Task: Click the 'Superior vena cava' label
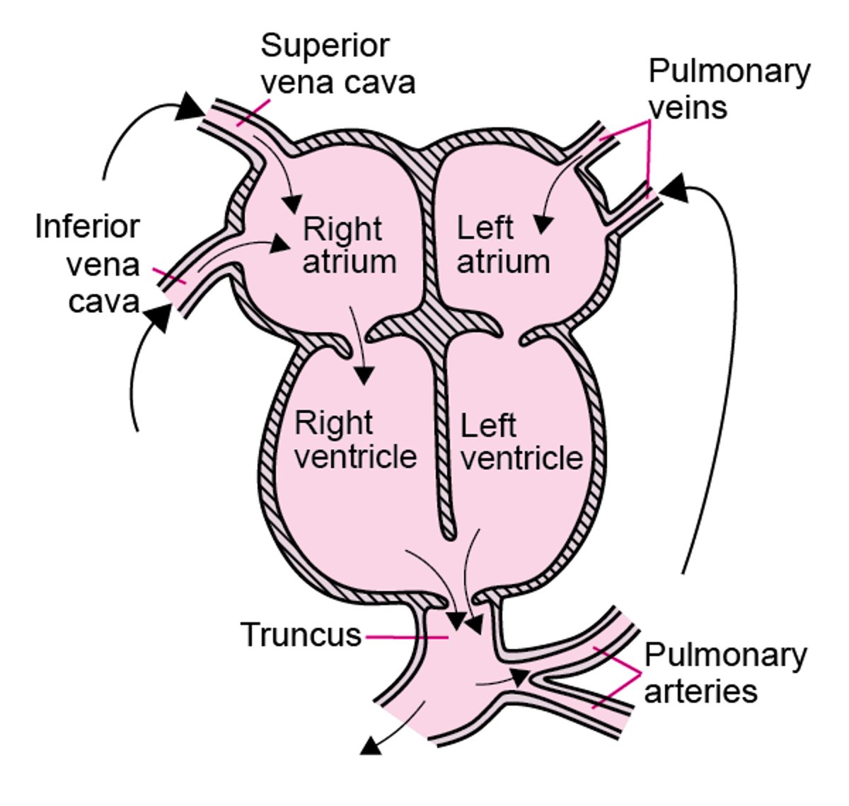pyautogui.click(x=337, y=64)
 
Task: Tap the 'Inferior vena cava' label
pyautogui.click(x=88, y=264)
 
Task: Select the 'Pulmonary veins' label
pyautogui.click(x=729, y=90)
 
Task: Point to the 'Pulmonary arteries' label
pyautogui.click(x=724, y=672)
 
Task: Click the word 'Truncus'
pyautogui.click(x=301, y=635)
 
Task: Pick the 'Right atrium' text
pyautogui.click(x=348, y=245)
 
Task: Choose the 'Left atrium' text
pyautogui.click(x=502, y=245)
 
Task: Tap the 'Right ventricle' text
pyautogui.click(x=354, y=440)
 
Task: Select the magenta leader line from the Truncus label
pyautogui.click(x=405, y=637)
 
